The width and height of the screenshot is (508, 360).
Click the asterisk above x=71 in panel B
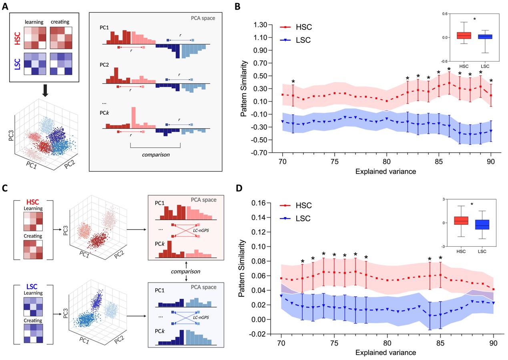coord(293,82)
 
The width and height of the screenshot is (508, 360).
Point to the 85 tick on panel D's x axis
coord(440,344)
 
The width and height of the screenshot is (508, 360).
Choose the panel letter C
coord(6,186)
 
